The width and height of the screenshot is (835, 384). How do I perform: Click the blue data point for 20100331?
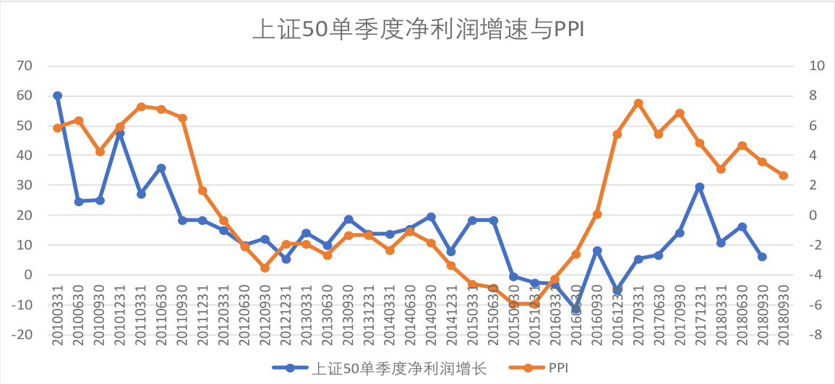click(x=58, y=95)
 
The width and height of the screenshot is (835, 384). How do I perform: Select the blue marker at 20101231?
click(x=120, y=133)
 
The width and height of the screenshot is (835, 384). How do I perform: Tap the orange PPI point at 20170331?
click(x=638, y=103)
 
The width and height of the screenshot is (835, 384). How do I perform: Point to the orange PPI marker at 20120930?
click(x=265, y=268)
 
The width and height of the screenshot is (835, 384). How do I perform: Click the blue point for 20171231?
click(x=700, y=187)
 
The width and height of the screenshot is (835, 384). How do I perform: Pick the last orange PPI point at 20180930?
click(x=783, y=176)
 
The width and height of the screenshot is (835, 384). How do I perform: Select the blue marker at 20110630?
click(x=161, y=168)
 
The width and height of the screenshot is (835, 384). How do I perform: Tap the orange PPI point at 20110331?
click(x=141, y=107)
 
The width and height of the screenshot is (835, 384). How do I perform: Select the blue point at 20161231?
click(x=617, y=290)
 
